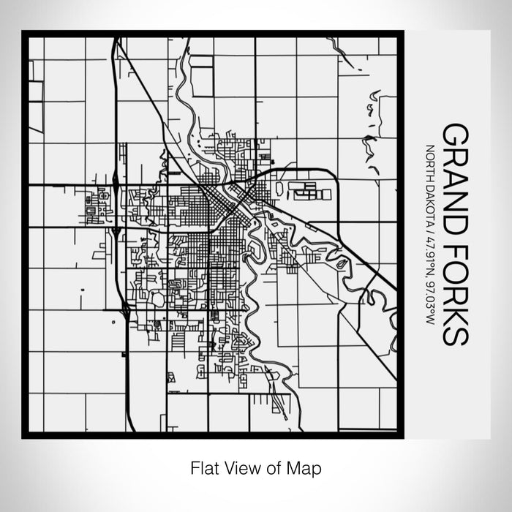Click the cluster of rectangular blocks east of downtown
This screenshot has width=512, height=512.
coord(310,191)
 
